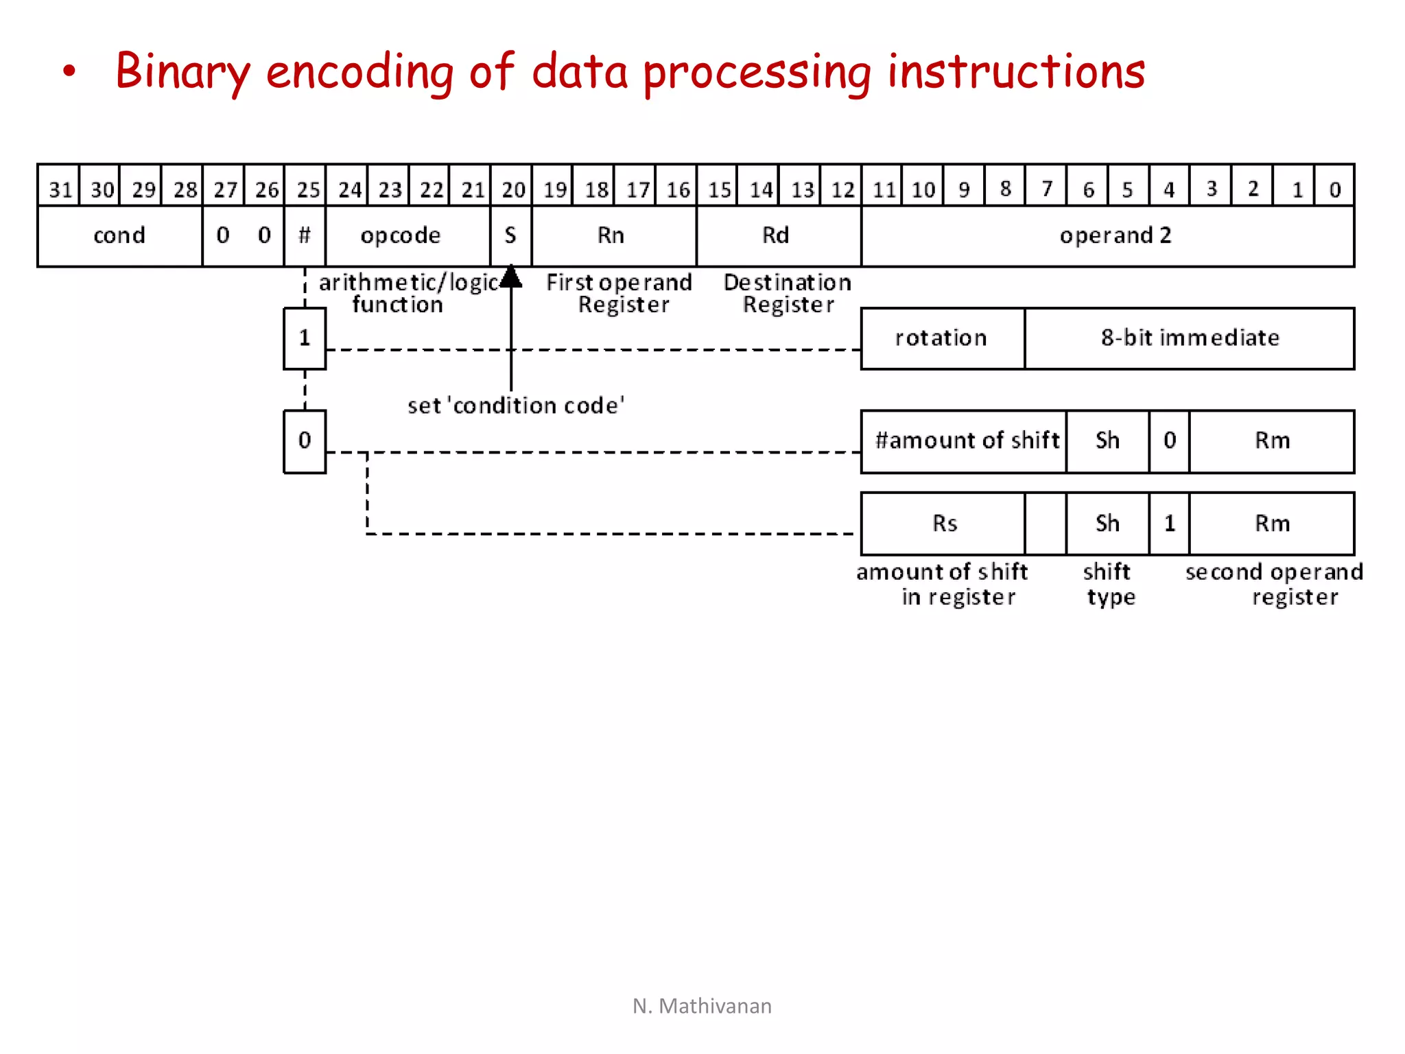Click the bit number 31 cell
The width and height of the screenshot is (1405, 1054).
tap(60, 187)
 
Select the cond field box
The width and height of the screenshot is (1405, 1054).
tap(120, 235)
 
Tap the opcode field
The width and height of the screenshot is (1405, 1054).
tap(401, 235)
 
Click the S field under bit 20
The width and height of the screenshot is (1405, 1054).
tap(510, 235)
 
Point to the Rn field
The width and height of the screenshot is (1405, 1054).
tap(611, 235)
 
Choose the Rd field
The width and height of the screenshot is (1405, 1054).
tap(776, 235)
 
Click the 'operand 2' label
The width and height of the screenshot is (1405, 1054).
tap(1115, 235)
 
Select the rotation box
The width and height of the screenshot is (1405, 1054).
tap(942, 338)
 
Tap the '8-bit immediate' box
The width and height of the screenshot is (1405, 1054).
tap(1190, 338)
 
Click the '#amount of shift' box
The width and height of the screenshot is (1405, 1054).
tap(965, 441)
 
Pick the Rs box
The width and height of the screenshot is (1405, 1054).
tap(945, 524)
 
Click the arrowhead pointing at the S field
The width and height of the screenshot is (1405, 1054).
tap(511, 277)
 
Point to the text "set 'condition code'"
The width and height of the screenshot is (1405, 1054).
tap(516, 406)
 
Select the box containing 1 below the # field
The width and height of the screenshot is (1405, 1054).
tap(305, 338)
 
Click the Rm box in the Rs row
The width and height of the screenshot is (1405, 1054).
tap(1272, 524)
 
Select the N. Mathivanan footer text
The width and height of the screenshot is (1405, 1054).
tap(702, 1006)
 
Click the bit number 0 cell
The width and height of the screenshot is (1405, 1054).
tap(1334, 187)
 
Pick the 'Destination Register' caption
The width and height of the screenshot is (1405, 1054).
tap(788, 293)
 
